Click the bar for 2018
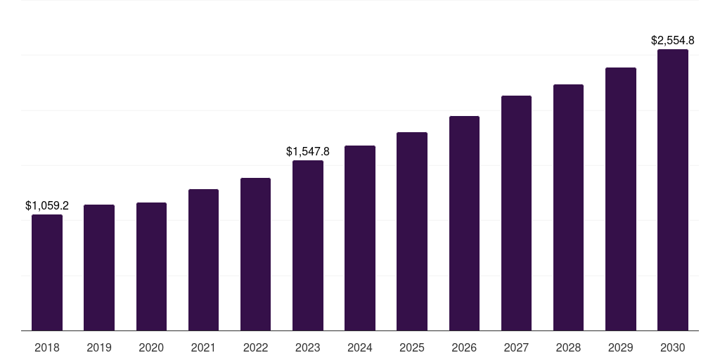(x=47, y=272)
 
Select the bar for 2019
(x=99, y=268)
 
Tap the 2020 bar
(x=151, y=266)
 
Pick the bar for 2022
(x=255, y=254)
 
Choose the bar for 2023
(x=308, y=245)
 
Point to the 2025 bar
(x=412, y=231)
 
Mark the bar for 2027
(x=516, y=213)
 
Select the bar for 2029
(x=620, y=199)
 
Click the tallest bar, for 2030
(x=673, y=190)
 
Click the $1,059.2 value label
(x=47, y=206)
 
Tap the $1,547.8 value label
(x=308, y=152)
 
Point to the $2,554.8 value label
(x=673, y=40)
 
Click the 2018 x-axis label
(x=47, y=347)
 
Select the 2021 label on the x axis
(x=203, y=347)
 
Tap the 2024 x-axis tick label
(x=359, y=347)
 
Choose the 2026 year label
(x=464, y=347)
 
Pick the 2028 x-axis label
(x=568, y=347)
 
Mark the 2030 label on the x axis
(x=673, y=347)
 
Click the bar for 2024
(x=360, y=238)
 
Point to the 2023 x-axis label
(x=308, y=347)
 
